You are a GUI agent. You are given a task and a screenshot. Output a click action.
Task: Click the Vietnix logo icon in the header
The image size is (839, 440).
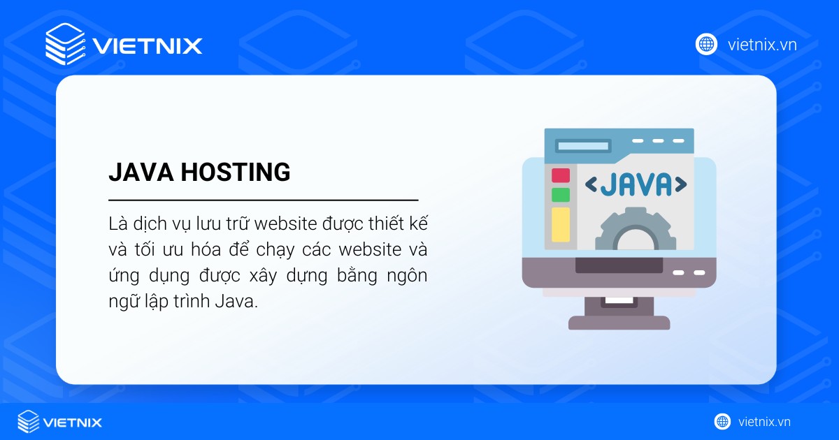tap(66, 44)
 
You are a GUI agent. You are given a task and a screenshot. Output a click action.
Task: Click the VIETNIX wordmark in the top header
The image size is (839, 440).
tap(148, 46)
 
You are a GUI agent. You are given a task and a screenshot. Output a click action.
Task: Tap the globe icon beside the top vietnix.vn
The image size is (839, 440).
tap(706, 45)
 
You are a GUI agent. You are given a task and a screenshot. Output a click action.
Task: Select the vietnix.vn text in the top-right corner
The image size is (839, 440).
tap(762, 45)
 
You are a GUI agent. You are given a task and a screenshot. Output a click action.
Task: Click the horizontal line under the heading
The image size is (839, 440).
tap(263, 200)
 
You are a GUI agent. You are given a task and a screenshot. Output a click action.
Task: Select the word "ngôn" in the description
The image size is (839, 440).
tap(406, 276)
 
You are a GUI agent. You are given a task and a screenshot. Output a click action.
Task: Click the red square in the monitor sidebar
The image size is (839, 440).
tap(561, 175)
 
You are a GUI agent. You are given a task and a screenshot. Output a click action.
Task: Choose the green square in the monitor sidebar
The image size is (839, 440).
tap(561, 195)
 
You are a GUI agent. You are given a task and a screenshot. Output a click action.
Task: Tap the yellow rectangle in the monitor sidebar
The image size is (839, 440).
tap(561, 224)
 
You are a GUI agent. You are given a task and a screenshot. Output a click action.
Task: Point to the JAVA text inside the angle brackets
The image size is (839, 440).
tap(636, 184)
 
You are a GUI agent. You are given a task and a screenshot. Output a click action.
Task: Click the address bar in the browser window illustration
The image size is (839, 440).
tap(582, 146)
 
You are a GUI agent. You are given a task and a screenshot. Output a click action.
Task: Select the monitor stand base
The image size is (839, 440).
tap(619, 322)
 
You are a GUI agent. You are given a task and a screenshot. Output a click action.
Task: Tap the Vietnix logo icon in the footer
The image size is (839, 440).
tap(29, 422)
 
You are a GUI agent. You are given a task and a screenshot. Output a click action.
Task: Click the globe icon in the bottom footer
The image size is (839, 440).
tap(722, 422)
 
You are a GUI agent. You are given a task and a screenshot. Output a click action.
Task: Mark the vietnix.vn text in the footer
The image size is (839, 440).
tap(764, 422)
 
